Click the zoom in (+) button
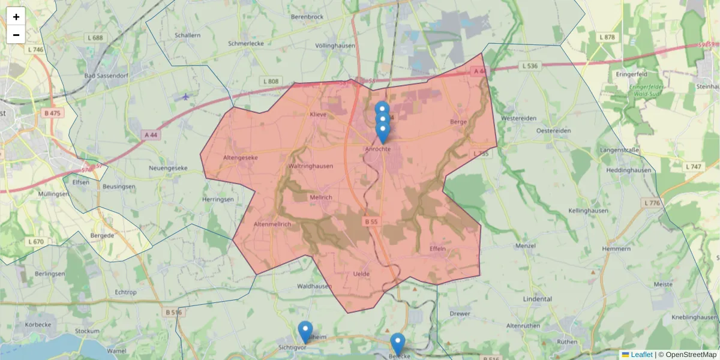coord(16,17)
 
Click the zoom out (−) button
coord(16,35)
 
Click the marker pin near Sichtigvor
coord(305,331)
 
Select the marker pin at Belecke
coord(397,343)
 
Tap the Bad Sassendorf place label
coord(106,76)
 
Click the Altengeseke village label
coord(240,157)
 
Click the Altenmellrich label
coord(272,224)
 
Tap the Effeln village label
coord(438,248)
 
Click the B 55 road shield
coord(371,221)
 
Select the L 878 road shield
coord(608,37)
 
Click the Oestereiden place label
coord(553,130)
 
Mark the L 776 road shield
coord(652,203)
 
